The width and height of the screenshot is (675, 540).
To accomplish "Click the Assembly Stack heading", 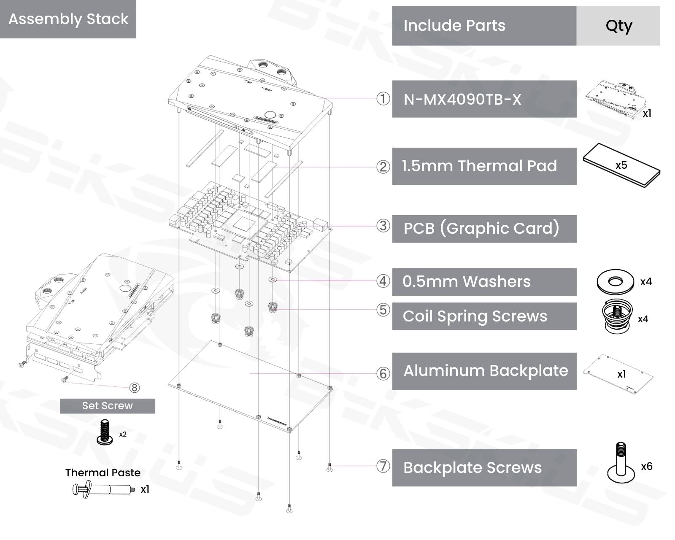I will point(68,19).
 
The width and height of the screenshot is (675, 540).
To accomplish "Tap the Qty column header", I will point(618,26).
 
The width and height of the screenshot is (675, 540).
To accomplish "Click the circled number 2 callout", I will point(383,167).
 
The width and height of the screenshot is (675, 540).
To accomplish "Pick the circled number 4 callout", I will point(383,281).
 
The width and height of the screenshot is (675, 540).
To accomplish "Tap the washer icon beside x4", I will point(616,281).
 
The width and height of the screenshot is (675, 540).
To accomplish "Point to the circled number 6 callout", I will point(383,373).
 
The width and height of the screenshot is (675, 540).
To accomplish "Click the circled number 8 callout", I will point(134,387).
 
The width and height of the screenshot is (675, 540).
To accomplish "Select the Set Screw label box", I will point(107,406).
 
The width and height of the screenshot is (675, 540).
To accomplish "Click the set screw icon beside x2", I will point(105,432).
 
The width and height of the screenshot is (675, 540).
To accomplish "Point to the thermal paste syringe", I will point(103,490).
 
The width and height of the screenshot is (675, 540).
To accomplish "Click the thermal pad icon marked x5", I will point(621,165).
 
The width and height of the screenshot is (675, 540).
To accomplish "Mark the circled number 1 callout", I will point(383,99).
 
